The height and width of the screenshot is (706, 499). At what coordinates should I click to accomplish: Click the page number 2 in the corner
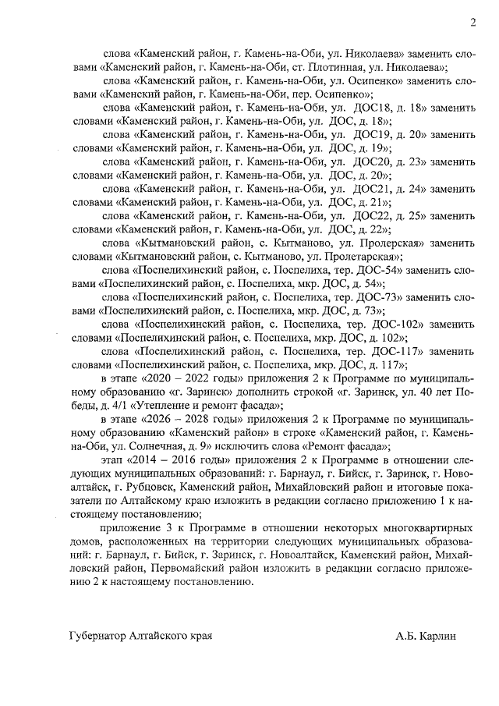coord(473,23)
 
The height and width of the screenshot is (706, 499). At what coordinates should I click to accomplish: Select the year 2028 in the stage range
coord(199,419)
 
